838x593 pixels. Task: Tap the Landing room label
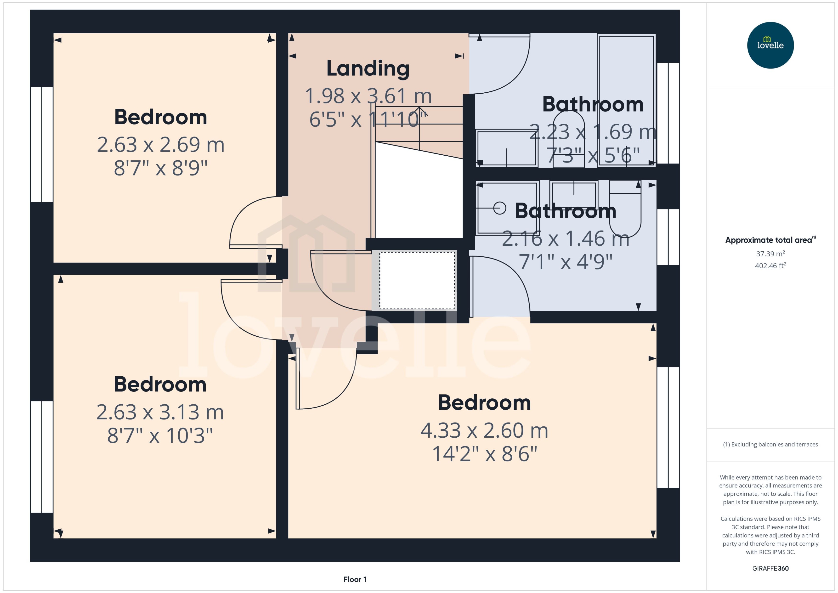(368, 69)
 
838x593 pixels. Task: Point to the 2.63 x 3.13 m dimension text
(160, 412)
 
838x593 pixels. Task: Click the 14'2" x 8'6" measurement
(485, 454)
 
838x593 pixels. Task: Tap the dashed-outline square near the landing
(417, 280)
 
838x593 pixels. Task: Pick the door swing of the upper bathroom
(504, 66)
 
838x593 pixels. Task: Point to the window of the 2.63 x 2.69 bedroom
(42, 144)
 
